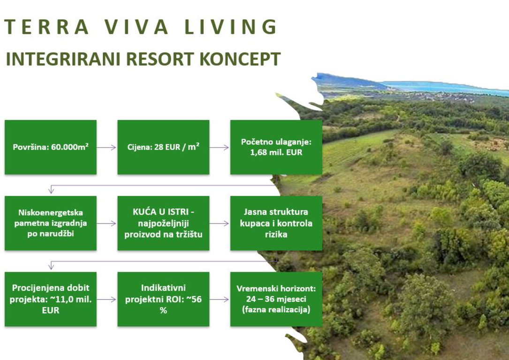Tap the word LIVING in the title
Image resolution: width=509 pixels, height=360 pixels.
[231, 27]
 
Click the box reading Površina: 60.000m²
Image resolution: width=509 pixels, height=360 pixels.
[51, 147]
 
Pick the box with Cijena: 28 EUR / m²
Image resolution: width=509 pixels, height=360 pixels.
[163, 147]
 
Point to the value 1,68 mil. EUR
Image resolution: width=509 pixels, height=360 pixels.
[276, 152]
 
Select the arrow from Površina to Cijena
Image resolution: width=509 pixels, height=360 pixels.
[106, 148]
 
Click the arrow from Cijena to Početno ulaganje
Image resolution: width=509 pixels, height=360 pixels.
[220, 148]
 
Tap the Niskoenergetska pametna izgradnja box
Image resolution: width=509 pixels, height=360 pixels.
[51, 223]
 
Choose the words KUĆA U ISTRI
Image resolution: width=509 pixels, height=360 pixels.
[163, 212]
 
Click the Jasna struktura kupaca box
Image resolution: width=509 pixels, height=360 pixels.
[276, 223]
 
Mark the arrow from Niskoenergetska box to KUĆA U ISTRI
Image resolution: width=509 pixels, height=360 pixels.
[106, 224]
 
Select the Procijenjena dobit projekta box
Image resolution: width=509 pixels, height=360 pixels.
[51, 299]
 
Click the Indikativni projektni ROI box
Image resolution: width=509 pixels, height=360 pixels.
[163, 299]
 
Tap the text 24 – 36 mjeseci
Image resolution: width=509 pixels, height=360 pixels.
[276, 299]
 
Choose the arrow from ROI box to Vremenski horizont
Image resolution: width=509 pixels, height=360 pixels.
[220, 300]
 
